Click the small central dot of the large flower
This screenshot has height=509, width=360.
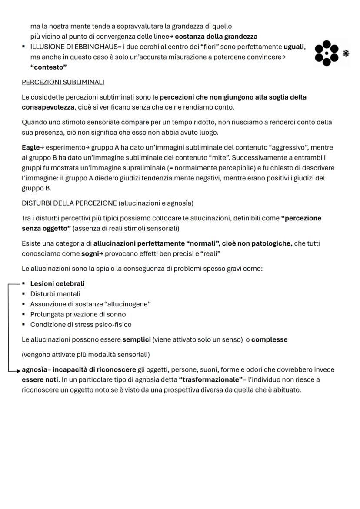pyautogui.click(x=327, y=53)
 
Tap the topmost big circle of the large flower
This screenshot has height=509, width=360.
pyautogui.click(x=327, y=44)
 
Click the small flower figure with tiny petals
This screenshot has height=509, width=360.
pyautogui.click(x=346, y=53)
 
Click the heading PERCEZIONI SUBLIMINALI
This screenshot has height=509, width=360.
pyautogui.click(x=63, y=82)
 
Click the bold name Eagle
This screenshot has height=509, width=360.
pyautogui.click(x=30, y=148)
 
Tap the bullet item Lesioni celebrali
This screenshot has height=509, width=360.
pyautogui.click(x=57, y=284)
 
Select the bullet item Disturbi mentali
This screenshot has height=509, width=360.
pyautogui.click(x=55, y=294)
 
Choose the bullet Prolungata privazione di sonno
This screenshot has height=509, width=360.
pyautogui.click(x=78, y=314)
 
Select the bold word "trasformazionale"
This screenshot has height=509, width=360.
pyautogui.click(x=209, y=380)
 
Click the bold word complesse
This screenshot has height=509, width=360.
pyautogui.click(x=269, y=339)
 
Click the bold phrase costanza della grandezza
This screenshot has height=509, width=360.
pyautogui.click(x=216, y=37)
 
